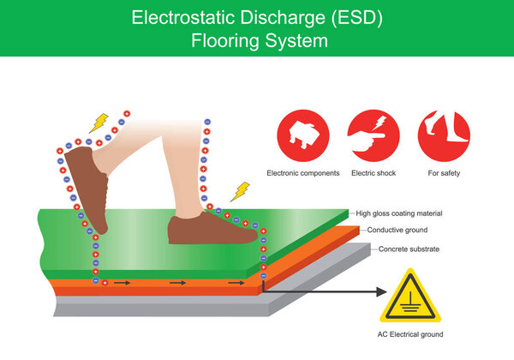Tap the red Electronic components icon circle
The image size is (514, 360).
302,135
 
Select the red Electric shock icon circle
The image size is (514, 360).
374,135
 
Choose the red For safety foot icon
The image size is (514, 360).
444,135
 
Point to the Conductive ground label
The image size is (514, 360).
397,231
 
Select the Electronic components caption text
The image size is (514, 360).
302,172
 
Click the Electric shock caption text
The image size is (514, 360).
374,172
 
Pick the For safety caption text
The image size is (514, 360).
444,172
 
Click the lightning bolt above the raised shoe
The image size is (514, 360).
99,123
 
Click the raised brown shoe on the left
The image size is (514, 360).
87,187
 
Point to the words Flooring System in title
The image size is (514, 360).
256,40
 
